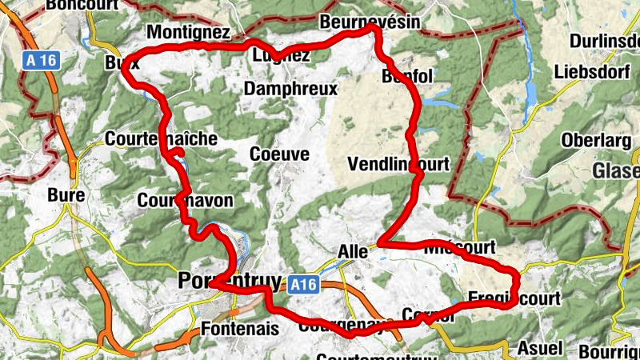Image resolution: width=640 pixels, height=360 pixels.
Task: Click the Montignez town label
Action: (189, 33)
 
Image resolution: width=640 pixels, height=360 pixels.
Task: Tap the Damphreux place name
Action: (290, 89)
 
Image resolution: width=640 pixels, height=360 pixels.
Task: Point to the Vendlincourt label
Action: (400, 164)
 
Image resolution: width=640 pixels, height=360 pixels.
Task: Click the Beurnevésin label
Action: (369, 22)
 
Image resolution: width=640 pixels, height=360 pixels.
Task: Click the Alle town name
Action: (353, 250)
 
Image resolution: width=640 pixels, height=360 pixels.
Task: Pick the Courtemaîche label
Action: (161, 138)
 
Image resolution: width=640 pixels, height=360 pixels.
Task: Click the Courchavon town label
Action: (186, 199)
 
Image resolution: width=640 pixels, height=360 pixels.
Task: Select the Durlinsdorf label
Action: (604, 41)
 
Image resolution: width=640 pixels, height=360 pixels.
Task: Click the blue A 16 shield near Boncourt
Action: (42, 60)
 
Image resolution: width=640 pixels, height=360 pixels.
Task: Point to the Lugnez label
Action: (281, 56)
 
